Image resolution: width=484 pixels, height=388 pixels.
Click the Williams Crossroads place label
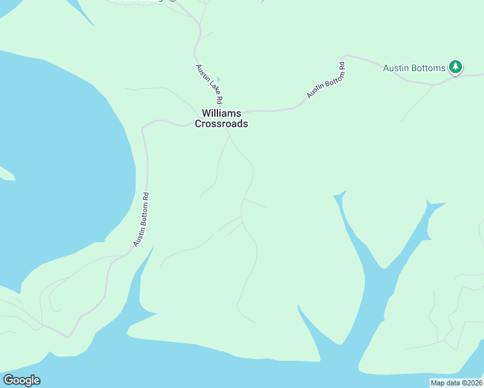221,118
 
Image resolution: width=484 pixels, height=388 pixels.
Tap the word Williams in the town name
221,113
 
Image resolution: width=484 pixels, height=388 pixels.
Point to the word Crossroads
221,124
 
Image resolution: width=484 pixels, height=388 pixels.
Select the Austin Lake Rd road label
209,84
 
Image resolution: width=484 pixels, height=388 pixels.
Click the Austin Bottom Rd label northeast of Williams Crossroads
326,80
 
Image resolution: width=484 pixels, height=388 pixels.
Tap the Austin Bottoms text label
414,68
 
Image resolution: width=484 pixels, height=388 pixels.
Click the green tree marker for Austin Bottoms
456,67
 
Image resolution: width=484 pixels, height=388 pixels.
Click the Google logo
21,380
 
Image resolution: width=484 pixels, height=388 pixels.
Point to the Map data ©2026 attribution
456,383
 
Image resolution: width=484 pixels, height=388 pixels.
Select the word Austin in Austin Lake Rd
201,72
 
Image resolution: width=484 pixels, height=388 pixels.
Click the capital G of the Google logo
8,380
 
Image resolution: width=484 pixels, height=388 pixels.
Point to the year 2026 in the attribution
472,383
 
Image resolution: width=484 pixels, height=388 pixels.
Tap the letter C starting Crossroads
199,124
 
